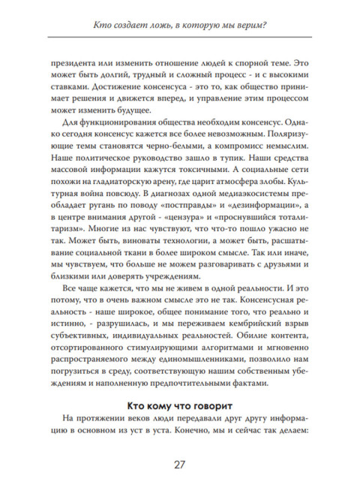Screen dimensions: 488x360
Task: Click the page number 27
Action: pos(180,464)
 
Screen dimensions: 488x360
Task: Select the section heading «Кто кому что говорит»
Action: pos(180,404)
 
